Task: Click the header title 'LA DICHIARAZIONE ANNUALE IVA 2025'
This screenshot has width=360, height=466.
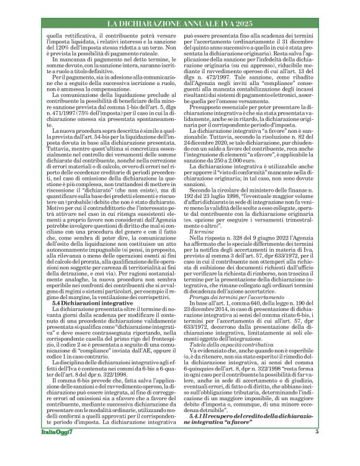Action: (179, 23)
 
